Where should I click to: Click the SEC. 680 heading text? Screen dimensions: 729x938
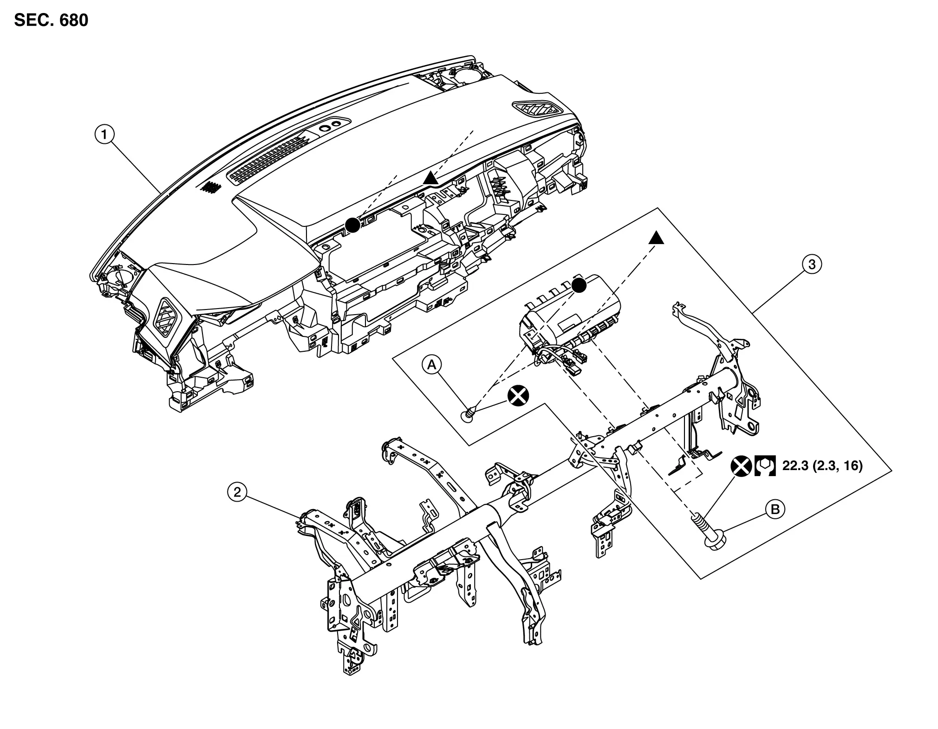51,20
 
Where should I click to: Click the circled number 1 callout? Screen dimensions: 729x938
105,135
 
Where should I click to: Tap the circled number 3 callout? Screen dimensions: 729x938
812,265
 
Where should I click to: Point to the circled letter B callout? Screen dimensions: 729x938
775,510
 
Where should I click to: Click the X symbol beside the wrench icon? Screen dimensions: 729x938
742,466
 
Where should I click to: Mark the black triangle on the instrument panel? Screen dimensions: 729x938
430,177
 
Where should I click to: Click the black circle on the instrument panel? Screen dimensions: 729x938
353,225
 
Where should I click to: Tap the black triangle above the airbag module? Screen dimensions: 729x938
656,238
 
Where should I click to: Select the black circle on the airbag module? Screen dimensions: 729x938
579,285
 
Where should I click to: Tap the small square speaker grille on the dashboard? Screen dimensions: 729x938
210,187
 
